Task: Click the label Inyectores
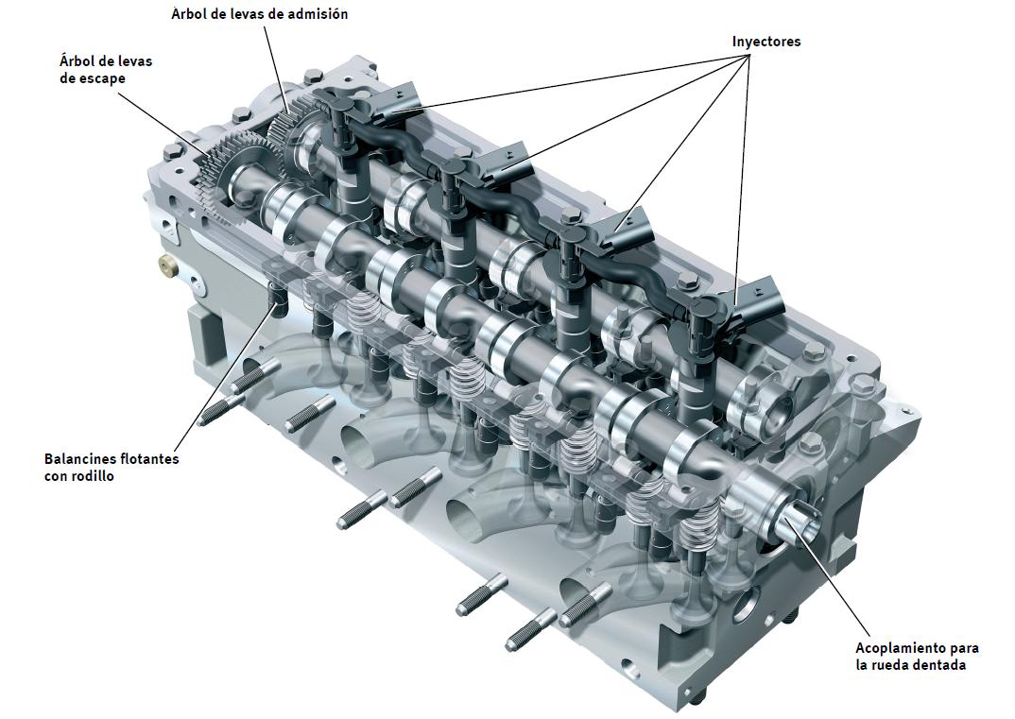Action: click(766, 42)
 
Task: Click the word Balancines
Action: click(82, 459)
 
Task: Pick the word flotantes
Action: click(150, 459)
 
